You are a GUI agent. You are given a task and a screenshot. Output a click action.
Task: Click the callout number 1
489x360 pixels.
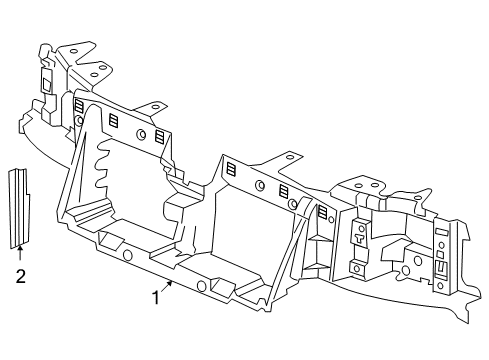155,297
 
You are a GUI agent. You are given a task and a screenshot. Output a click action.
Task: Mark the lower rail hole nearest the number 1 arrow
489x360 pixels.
202,286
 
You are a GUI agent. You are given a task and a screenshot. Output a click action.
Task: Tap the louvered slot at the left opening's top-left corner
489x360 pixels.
79,104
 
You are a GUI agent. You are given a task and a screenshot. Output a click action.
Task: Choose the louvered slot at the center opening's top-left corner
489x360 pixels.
231,169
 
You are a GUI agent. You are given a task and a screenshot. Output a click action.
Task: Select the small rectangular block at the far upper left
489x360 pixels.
46,80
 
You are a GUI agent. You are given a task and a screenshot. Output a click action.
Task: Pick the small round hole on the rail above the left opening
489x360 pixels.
141,134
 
